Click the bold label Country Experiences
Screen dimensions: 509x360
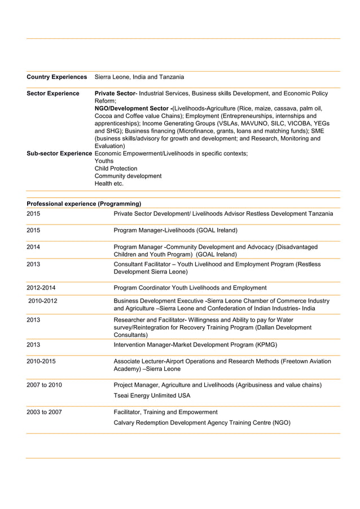coord(56,77)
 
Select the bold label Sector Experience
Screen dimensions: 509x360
coord(53,94)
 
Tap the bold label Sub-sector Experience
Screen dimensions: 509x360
coord(59,153)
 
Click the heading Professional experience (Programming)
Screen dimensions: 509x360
coord(84,204)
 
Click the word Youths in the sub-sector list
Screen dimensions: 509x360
coord(104,161)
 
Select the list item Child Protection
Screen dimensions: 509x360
coord(116,169)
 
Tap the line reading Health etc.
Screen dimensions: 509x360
coord(109,183)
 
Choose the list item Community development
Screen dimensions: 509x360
coord(128,176)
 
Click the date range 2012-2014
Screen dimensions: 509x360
coord(41,288)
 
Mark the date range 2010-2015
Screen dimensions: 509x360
coord(41,361)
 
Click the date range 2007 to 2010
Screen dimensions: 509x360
coord(44,385)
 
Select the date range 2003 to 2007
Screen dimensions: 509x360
coord(44,412)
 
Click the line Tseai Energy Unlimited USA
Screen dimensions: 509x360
coord(152,396)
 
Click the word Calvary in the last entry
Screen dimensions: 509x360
coord(126,423)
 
